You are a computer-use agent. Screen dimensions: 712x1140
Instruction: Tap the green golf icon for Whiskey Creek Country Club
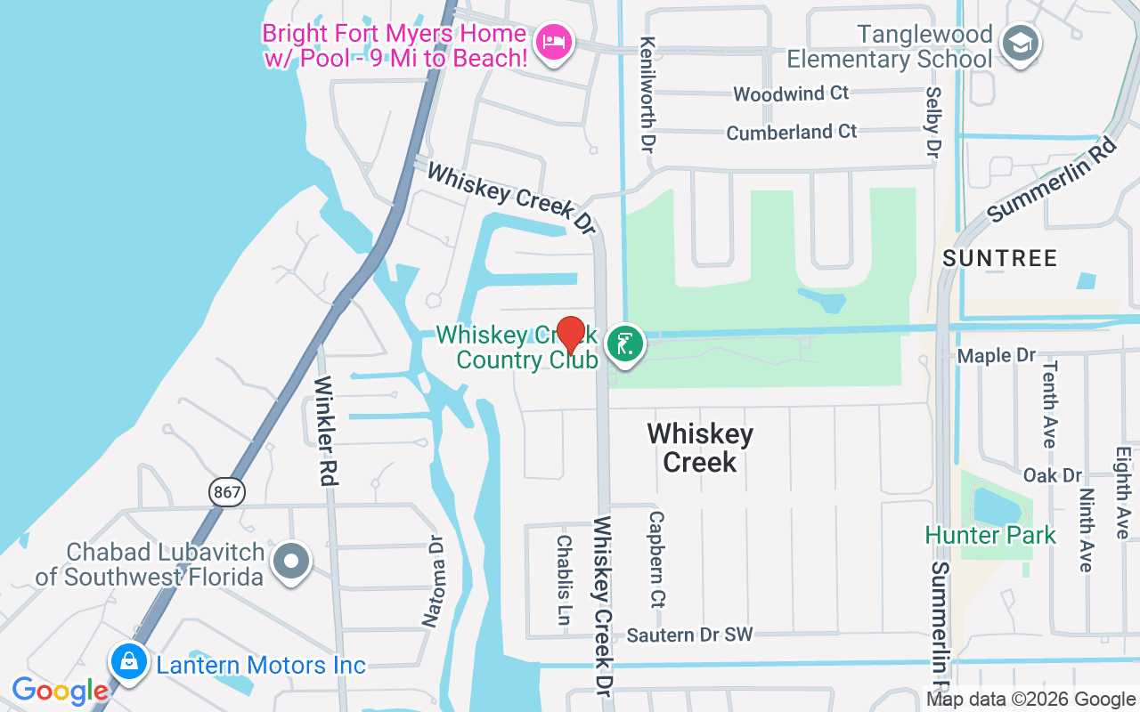tap(626, 344)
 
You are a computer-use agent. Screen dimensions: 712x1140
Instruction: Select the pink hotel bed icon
tap(554, 42)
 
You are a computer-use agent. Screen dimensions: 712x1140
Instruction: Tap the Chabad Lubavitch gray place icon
tap(291, 562)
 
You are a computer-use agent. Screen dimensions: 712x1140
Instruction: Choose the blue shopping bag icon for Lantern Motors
tap(129, 661)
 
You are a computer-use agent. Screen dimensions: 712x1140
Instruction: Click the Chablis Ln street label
tap(564, 579)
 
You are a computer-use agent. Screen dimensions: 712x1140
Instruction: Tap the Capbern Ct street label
tap(657, 557)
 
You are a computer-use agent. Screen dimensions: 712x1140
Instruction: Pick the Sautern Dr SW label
tap(689, 635)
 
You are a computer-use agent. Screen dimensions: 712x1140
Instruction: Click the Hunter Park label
tap(990, 536)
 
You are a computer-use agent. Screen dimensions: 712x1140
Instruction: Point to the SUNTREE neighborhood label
tap(999, 259)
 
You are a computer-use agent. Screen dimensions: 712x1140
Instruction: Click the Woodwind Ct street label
tap(791, 93)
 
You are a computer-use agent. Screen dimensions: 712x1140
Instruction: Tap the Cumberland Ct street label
tap(792, 133)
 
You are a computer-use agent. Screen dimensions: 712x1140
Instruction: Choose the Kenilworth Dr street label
tap(647, 93)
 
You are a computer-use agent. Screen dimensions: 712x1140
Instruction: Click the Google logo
tap(60, 691)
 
